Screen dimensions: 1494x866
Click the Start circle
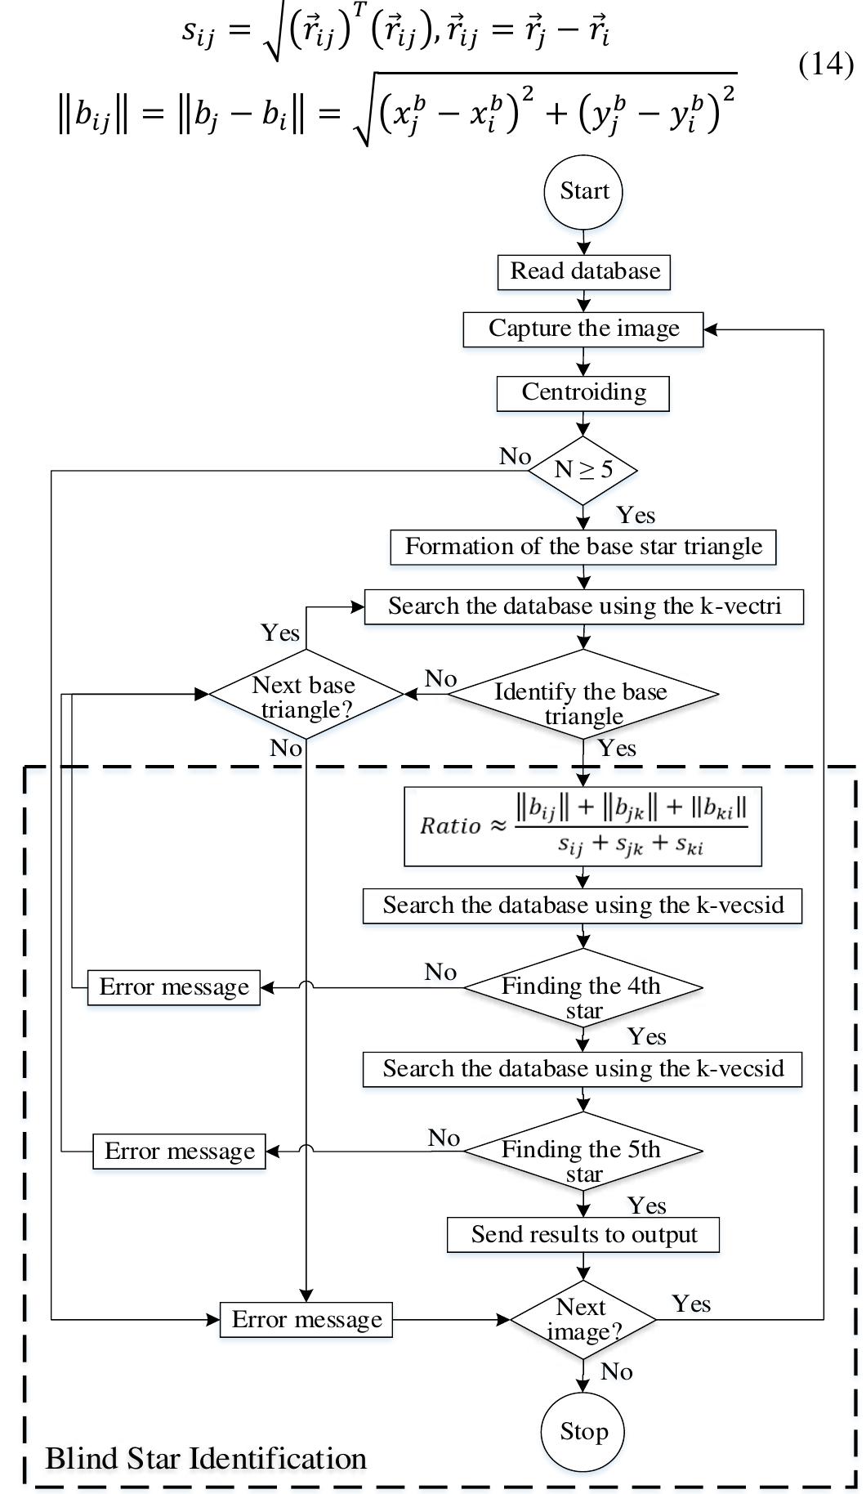[583, 192]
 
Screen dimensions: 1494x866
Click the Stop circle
[583, 1431]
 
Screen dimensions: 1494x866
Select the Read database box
[584, 271]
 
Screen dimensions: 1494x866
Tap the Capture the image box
[583, 329]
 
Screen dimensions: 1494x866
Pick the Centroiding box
[583, 392]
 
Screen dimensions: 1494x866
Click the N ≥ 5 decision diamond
[583, 470]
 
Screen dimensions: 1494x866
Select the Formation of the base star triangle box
[583, 547]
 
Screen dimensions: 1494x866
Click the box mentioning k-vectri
[583, 606]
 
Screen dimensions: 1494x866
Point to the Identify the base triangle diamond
[583, 695]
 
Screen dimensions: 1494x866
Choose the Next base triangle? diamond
[306, 695]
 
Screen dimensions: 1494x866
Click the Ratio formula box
[583, 825]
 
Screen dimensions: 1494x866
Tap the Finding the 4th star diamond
[583, 988]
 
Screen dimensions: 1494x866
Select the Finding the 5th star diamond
[583, 1151]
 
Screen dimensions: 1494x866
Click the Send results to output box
[583, 1234]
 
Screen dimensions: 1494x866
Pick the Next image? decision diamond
[583, 1319]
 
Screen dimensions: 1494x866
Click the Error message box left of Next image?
[306, 1319]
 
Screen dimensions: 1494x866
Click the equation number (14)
[826, 64]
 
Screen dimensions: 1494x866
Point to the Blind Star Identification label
[206, 1458]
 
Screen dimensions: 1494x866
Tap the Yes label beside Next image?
[691, 1304]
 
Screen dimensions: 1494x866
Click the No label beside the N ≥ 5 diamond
[515, 456]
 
